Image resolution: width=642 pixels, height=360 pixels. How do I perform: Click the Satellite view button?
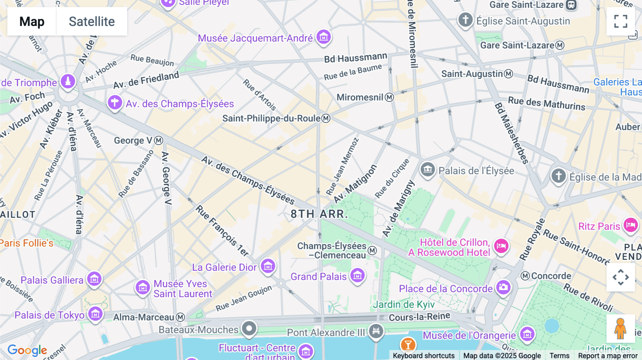(x=92, y=22)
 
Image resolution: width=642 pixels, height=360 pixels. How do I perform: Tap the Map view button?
(x=32, y=22)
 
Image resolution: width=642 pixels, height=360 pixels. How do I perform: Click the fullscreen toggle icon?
(x=621, y=21)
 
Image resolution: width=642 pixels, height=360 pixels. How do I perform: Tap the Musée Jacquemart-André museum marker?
(x=323, y=37)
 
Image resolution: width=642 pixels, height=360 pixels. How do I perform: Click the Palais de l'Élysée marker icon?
(x=428, y=169)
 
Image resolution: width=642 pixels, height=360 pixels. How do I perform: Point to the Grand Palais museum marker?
(x=357, y=275)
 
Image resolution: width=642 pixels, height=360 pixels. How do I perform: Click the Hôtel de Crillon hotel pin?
(x=501, y=246)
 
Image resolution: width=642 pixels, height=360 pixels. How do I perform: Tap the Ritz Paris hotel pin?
(x=630, y=225)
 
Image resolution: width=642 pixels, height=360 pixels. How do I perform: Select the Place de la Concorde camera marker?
(x=503, y=287)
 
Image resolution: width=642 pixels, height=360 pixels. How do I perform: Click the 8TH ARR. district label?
(x=319, y=214)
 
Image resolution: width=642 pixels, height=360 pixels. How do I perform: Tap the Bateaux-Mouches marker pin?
(x=249, y=328)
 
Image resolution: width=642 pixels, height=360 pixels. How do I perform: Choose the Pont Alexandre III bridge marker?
(x=376, y=331)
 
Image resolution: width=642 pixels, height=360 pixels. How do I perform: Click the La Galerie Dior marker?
(x=268, y=266)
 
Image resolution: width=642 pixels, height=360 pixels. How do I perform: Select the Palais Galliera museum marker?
(x=95, y=279)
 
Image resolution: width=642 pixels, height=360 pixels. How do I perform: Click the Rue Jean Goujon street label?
(x=244, y=298)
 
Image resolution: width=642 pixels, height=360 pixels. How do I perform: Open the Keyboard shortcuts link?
(x=423, y=355)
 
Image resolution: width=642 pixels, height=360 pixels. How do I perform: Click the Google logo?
(x=27, y=350)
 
